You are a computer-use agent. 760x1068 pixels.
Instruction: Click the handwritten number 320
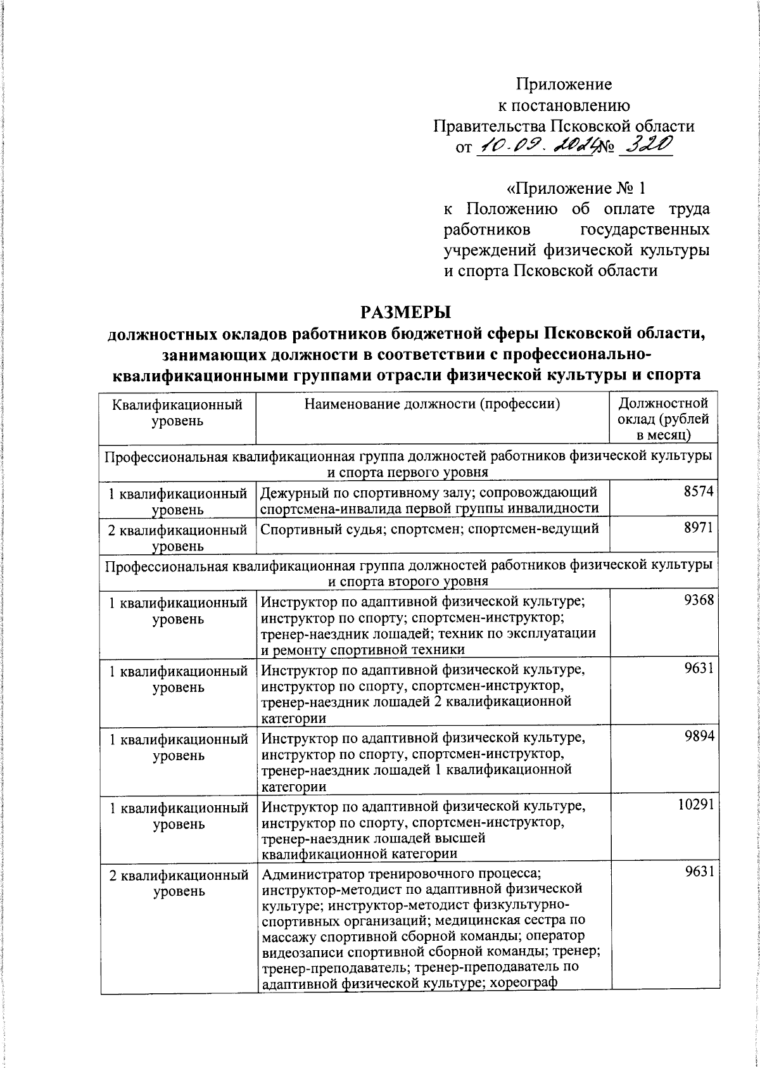(644, 146)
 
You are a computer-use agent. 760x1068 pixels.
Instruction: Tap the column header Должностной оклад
(664, 418)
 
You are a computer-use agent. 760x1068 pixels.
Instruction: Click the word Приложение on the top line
(564, 84)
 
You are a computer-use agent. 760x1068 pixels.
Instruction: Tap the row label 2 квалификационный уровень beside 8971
(178, 537)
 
